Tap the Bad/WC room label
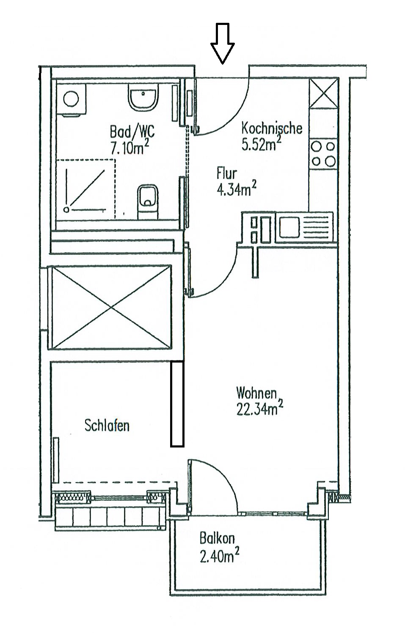pos(132,133)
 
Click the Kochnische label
pos(272,128)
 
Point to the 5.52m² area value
pos(262,144)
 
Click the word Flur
pos(226,173)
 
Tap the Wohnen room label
pos(256,393)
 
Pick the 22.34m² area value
pos(259,409)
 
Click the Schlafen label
pos(107,425)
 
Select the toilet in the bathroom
pos(148,201)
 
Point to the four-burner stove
pos(323,154)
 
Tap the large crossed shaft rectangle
pos(111,307)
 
